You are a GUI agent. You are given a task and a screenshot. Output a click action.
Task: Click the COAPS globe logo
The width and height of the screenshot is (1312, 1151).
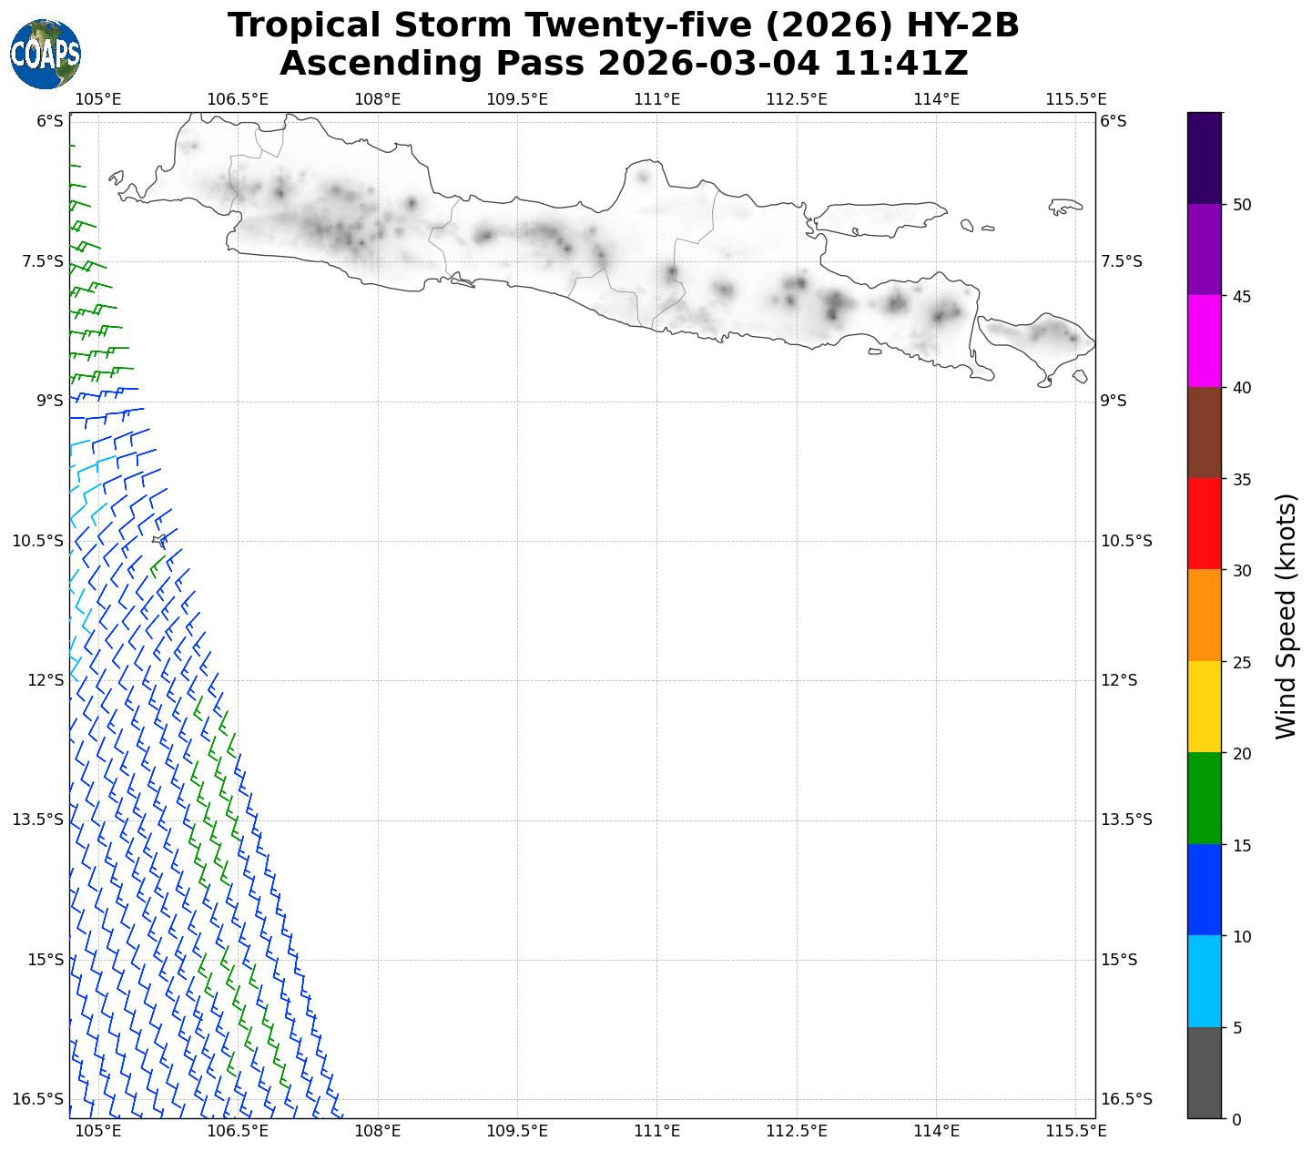(x=46, y=55)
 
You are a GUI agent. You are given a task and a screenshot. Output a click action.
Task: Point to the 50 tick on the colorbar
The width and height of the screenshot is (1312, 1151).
(x=1241, y=205)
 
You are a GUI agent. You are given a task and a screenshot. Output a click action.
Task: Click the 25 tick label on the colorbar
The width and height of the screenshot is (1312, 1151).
(x=1241, y=662)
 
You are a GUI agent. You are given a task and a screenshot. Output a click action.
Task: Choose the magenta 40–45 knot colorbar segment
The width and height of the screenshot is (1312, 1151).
(x=1205, y=341)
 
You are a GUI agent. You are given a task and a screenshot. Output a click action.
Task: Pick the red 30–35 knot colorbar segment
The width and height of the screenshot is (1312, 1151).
(x=1205, y=524)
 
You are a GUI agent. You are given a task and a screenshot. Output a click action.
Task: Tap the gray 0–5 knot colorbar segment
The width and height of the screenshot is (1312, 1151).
(x=1205, y=1073)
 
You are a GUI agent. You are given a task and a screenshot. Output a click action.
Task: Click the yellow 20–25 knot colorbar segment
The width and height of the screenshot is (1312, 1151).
(x=1205, y=707)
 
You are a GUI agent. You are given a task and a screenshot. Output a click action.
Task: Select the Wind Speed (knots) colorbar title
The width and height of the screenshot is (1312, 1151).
(x=1285, y=616)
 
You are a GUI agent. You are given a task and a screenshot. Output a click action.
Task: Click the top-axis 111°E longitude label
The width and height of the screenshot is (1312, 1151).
(x=656, y=98)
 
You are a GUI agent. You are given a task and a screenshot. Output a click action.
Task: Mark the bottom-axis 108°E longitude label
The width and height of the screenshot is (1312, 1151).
(x=377, y=1131)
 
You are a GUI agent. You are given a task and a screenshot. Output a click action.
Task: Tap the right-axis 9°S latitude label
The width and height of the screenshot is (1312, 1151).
(x=1114, y=401)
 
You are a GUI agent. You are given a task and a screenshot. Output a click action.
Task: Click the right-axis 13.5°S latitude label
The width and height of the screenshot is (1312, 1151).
(x=1126, y=820)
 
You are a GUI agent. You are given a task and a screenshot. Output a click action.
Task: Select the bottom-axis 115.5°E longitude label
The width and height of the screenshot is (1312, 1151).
(x=1076, y=1131)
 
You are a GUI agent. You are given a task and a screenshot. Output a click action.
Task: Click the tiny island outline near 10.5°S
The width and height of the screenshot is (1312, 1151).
(x=158, y=541)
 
